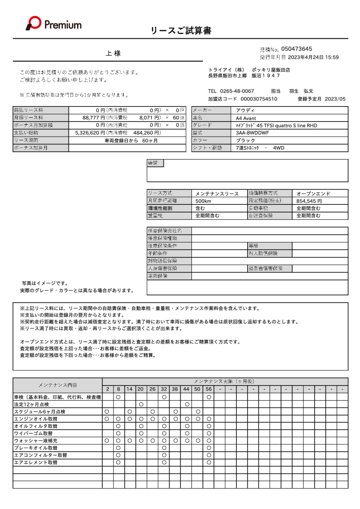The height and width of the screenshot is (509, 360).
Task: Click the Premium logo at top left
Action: (54, 23)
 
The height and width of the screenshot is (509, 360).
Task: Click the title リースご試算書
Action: (181, 31)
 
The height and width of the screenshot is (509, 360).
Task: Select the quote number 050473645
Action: (296, 49)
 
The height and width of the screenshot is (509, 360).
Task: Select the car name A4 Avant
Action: (248, 118)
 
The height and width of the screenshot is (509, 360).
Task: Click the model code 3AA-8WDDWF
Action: (252, 133)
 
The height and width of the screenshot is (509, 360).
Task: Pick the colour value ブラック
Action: (246, 140)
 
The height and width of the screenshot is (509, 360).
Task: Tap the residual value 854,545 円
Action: (309, 201)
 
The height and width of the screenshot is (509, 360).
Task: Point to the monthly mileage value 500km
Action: (204, 201)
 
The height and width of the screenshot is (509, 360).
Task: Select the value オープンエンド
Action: (313, 193)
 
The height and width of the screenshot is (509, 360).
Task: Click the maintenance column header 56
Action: (209, 389)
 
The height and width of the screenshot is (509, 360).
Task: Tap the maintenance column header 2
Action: (106, 389)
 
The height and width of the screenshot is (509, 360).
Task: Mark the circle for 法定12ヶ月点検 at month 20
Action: (141, 404)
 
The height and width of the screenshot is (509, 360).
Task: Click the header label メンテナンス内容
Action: (57, 385)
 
